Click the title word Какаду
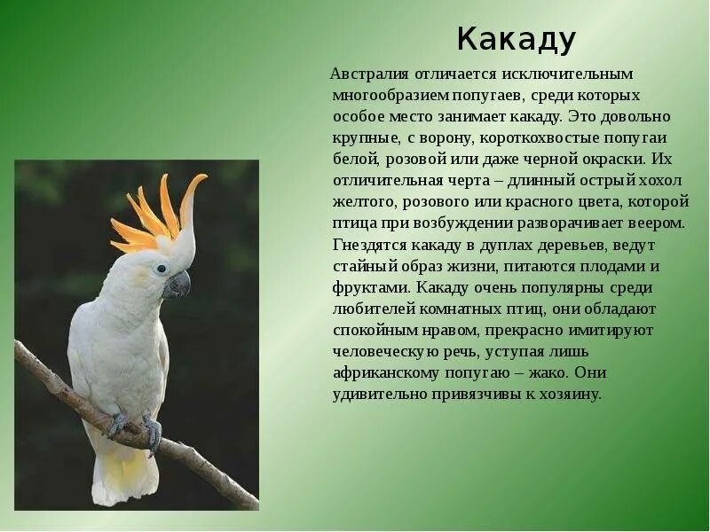pos(517,40)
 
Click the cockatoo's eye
pos(161,268)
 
